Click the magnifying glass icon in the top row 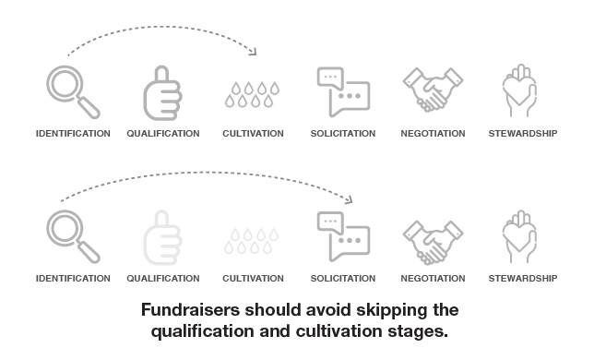72,92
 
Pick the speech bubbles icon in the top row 342,91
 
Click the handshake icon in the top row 432,92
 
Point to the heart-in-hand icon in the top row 521,91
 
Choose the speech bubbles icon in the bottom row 342,235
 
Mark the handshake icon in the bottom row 432,237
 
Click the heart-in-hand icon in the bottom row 521,236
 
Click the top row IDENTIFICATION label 73,134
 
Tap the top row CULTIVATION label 253,134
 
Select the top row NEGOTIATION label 433,134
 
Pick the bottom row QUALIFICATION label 162,278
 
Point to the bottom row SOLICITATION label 343,278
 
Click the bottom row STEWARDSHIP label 522,278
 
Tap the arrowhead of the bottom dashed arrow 351,199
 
